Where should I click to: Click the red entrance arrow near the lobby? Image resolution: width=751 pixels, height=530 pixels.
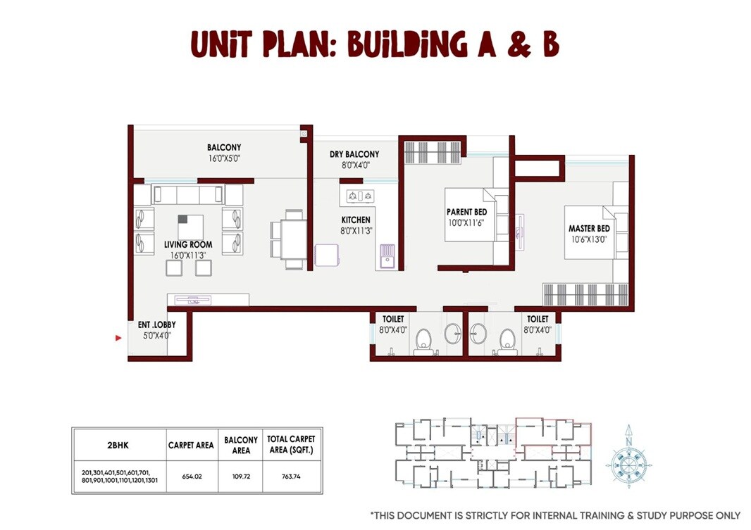(119, 339)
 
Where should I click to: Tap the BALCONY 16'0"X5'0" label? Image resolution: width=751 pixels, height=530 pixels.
(224, 153)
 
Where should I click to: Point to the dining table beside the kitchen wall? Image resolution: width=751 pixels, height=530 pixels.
(288, 238)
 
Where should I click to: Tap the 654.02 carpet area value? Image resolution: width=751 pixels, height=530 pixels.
(192, 477)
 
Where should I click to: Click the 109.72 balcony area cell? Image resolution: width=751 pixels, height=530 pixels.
(241, 477)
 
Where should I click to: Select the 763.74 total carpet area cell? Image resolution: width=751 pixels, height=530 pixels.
(290, 477)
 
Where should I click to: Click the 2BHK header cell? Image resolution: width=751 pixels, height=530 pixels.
(118, 445)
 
